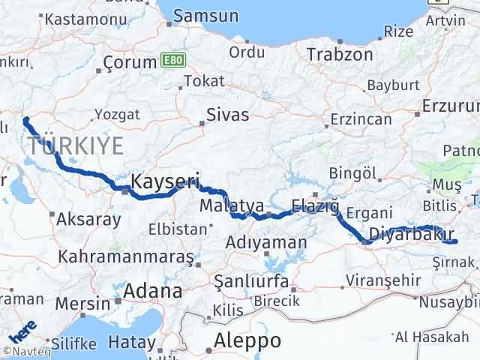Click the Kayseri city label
(x=165, y=181)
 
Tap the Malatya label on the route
(x=231, y=205)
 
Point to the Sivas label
(x=229, y=115)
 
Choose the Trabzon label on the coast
(x=340, y=54)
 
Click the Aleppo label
(x=247, y=340)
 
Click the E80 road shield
(x=172, y=59)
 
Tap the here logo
(x=22, y=331)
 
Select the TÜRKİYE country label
(x=75, y=146)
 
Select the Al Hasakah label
(x=433, y=337)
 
